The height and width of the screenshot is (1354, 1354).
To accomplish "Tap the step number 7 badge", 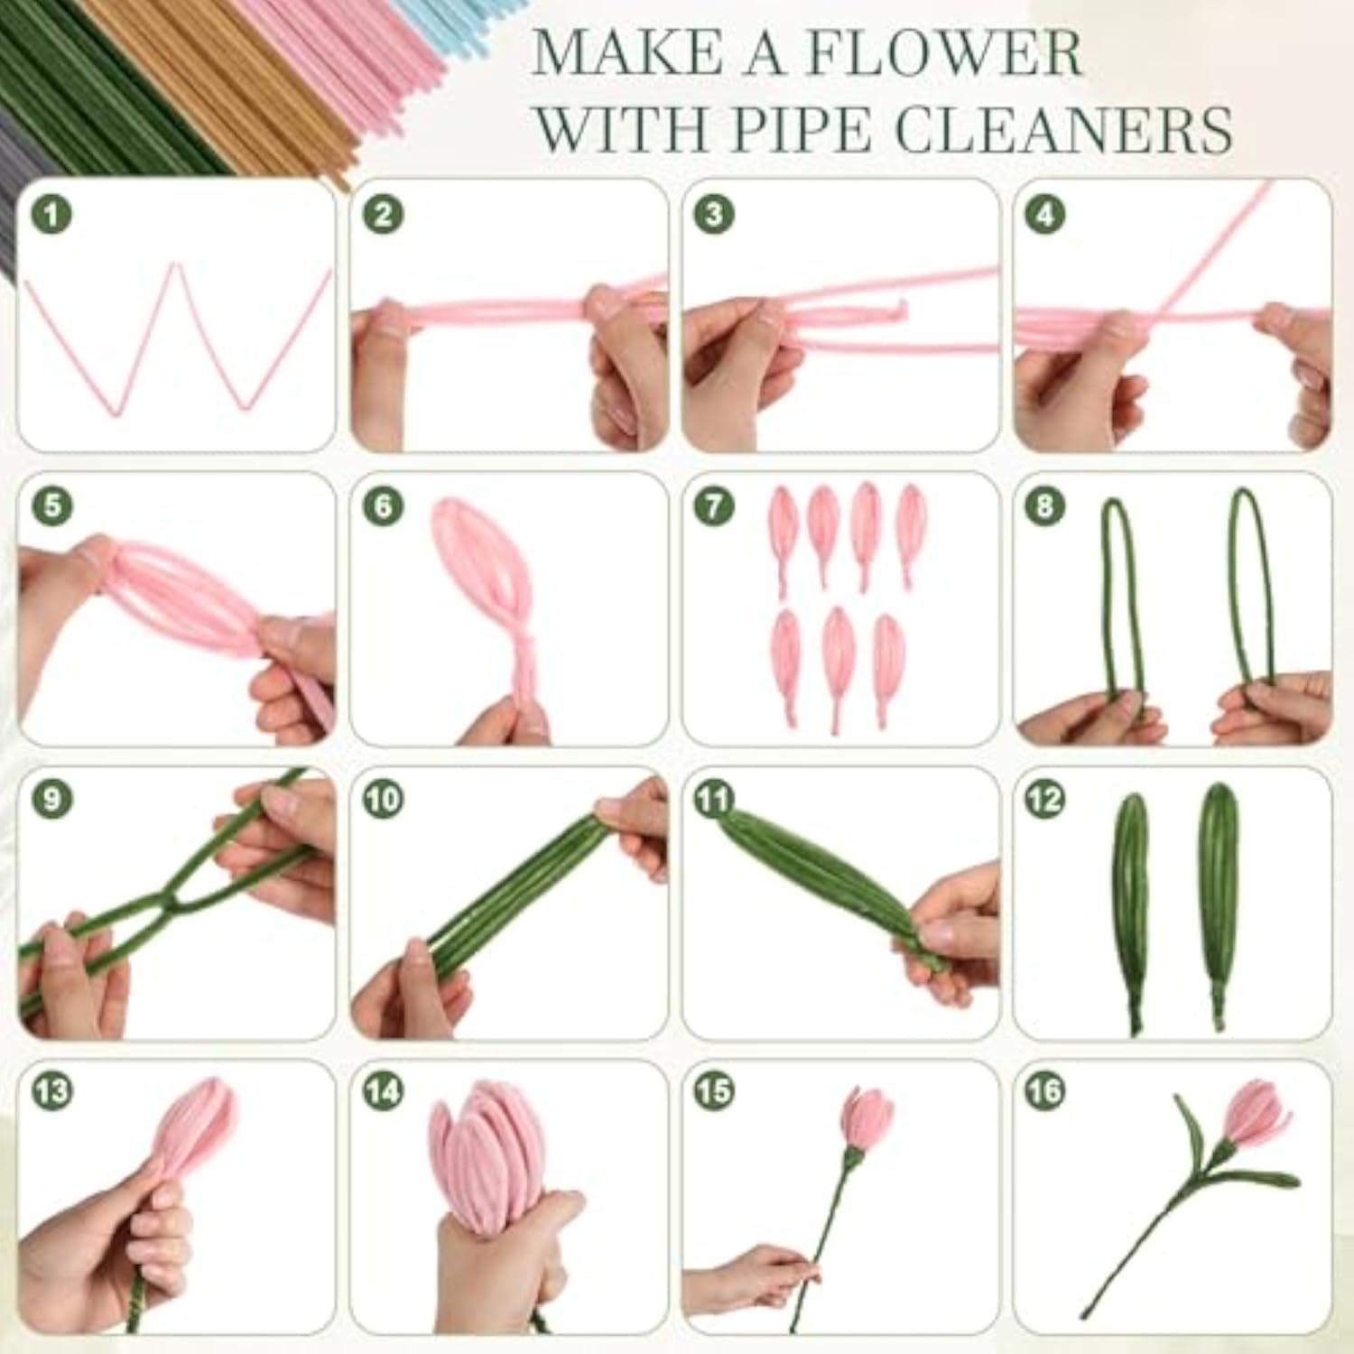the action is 715,505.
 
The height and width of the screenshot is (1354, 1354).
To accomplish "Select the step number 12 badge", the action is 1045,800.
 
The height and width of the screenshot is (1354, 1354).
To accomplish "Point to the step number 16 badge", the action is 1045,1092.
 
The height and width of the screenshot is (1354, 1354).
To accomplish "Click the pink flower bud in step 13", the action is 194,1130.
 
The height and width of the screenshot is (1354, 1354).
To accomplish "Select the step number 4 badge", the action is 1045,215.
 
